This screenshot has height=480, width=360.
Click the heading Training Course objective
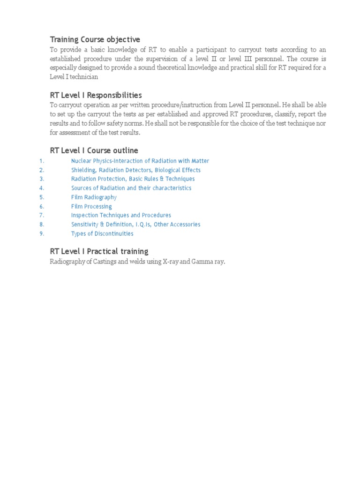pos(95,39)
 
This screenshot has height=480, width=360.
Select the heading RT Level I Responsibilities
pos(96,95)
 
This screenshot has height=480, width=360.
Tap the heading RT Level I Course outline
pos(94,150)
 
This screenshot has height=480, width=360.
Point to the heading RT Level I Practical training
pos(99,251)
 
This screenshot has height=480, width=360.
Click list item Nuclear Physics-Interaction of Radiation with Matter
pos(140,161)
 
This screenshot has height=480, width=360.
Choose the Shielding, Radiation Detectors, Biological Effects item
pos(135,170)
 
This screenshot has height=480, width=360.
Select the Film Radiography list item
pos(94,197)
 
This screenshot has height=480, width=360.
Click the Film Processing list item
pos(91,206)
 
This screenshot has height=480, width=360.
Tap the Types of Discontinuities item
pos(102,233)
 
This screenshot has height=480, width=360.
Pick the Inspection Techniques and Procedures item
pos(121,215)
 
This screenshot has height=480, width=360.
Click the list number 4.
pos(42,188)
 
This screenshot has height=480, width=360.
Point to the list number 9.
pos(42,233)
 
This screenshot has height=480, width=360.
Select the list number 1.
pos(42,161)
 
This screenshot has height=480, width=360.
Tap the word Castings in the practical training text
pos(105,262)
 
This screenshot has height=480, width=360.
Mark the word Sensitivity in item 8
pos(85,225)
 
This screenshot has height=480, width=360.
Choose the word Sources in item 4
pos(82,188)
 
